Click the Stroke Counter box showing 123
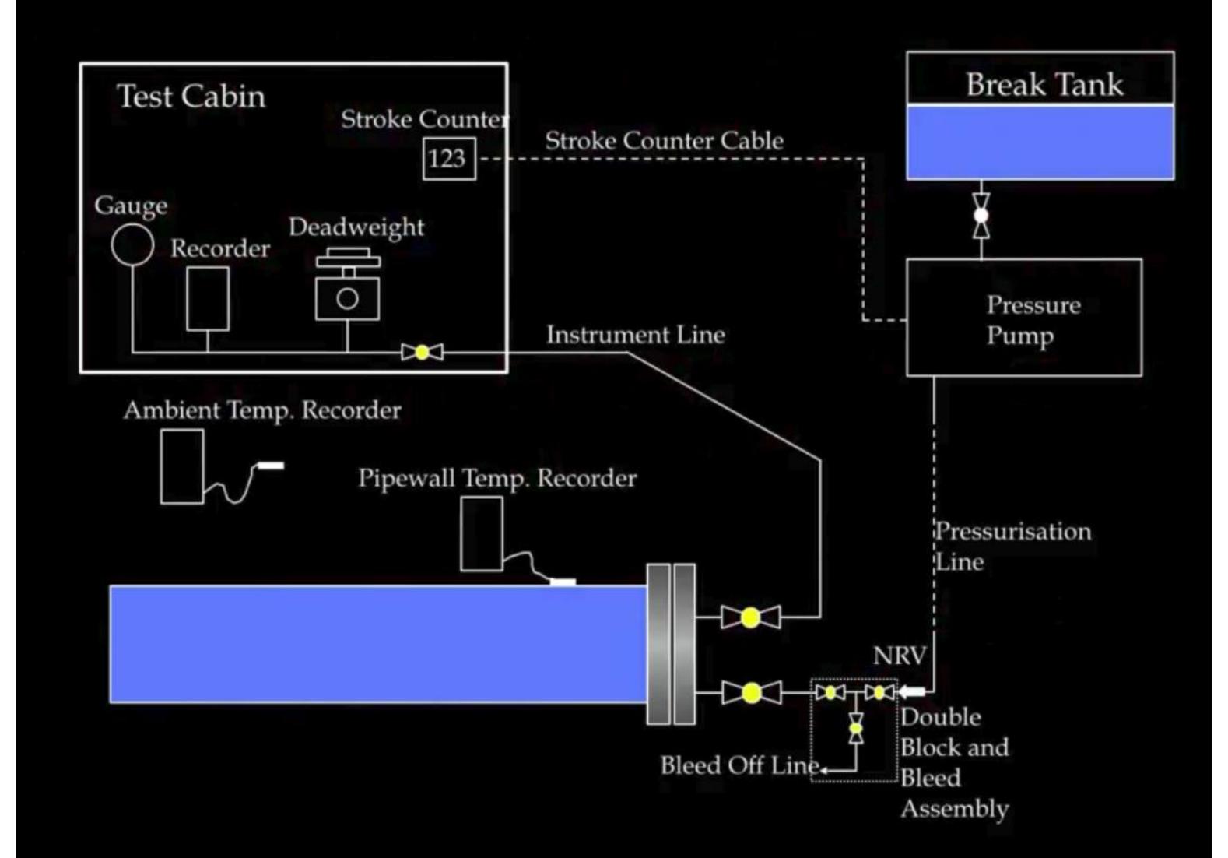click(x=449, y=159)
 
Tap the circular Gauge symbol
click(x=132, y=244)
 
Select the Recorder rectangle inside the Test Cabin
click(x=208, y=299)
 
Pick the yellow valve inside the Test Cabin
click(x=422, y=353)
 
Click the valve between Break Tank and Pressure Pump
click(x=981, y=215)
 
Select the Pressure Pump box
click(x=1024, y=318)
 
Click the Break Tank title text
click(x=1044, y=84)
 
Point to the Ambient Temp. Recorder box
click(x=182, y=466)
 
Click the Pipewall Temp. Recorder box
click(x=482, y=534)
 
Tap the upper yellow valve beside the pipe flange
click(x=750, y=617)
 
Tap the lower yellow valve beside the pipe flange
click(x=751, y=692)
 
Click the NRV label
click(x=899, y=656)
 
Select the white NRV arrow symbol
click(x=912, y=691)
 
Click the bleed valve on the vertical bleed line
click(x=856, y=729)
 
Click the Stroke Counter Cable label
click(x=664, y=141)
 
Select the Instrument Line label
click(x=635, y=335)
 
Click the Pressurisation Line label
click(x=1012, y=546)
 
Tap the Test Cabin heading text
click(x=191, y=97)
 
